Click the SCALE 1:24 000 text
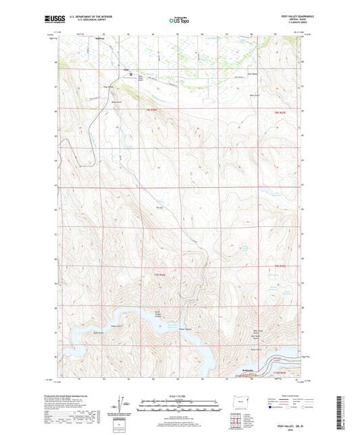point(178,395)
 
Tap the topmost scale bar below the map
point(178,401)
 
